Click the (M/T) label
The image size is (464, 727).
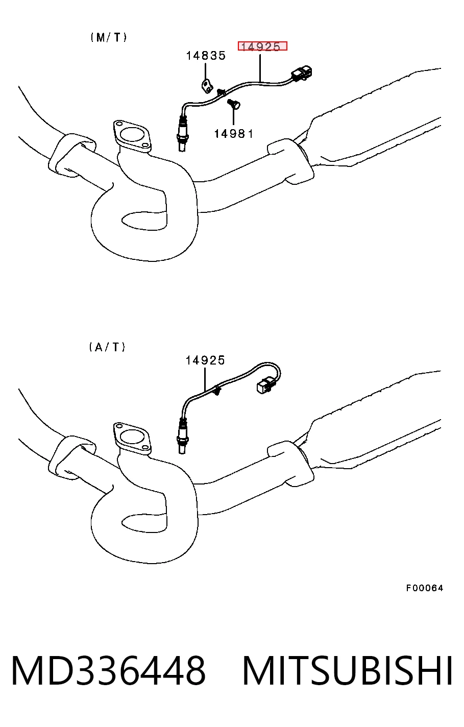click(108, 38)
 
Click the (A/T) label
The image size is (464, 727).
click(107, 347)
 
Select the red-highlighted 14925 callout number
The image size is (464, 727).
click(262, 46)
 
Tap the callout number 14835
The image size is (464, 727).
click(206, 56)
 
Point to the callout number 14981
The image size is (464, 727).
click(234, 134)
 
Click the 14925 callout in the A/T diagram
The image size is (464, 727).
click(205, 360)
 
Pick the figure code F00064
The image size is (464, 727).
click(424, 588)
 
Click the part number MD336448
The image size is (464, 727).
click(109, 669)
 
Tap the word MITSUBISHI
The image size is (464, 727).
click(347, 669)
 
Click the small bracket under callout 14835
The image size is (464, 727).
click(206, 86)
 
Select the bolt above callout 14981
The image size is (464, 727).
click(234, 104)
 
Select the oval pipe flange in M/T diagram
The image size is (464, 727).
click(132, 136)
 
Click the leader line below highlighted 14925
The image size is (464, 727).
click(260, 68)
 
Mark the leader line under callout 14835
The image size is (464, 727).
click(205, 71)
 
